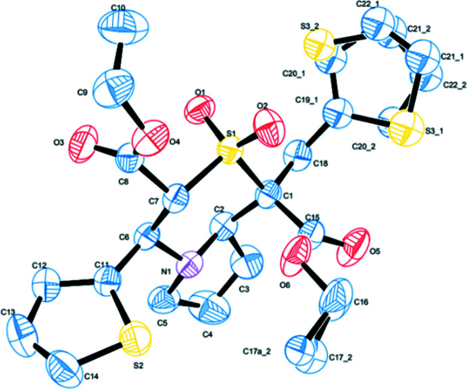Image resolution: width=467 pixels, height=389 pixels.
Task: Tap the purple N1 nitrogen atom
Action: click(x=192, y=263)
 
